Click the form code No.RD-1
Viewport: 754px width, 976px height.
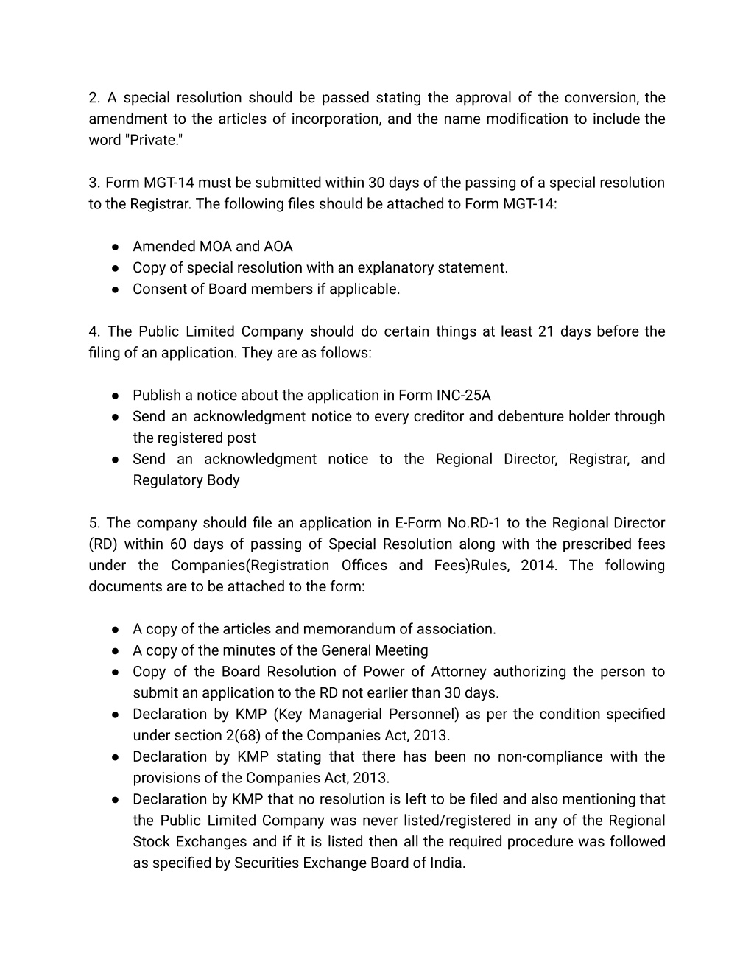(x=473, y=523)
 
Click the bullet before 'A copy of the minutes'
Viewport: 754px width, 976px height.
(x=116, y=651)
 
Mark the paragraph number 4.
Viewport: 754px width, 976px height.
(x=93, y=331)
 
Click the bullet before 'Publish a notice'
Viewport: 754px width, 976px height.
(x=116, y=396)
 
